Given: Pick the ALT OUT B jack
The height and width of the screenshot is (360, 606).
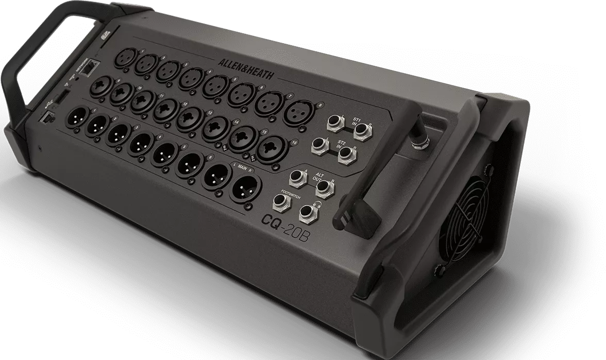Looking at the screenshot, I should (322, 187).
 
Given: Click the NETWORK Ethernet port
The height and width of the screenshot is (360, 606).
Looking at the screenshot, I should (91, 67).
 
